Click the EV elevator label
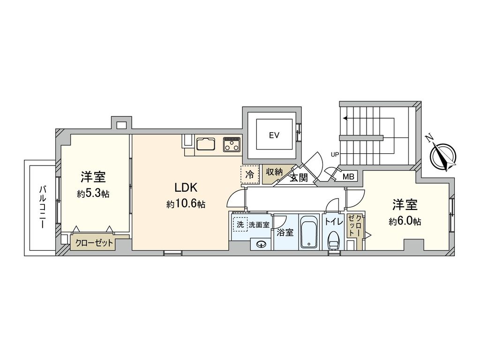(x=274, y=135)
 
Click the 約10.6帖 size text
(x=186, y=204)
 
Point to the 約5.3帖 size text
(x=93, y=194)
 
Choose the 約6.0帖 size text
(x=405, y=221)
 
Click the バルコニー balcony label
(x=42, y=207)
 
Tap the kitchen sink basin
(x=205, y=143)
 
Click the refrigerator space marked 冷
(x=250, y=175)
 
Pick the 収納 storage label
(x=274, y=172)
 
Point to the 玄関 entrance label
(x=298, y=178)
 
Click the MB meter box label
(x=348, y=177)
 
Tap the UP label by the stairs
(x=335, y=154)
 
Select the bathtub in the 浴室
(x=308, y=232)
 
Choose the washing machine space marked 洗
(x=240, y=225)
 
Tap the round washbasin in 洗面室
(x=262, y=243)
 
